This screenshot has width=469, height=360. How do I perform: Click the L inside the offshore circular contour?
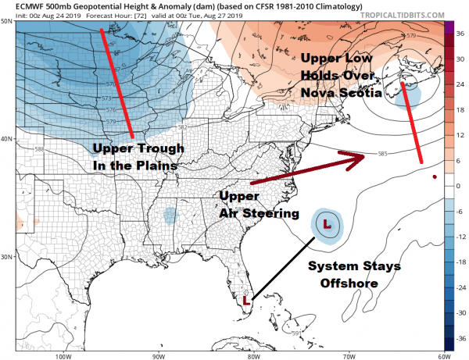pos(328,224)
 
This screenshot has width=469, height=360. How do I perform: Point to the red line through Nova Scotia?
pos(412,122)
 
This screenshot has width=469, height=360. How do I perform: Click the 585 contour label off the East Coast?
pos(382,154)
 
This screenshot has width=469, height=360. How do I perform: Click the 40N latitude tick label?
pos(7,138)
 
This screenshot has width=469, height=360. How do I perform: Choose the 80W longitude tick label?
pos(252,355)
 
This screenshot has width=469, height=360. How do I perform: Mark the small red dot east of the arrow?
pos(435,176)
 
